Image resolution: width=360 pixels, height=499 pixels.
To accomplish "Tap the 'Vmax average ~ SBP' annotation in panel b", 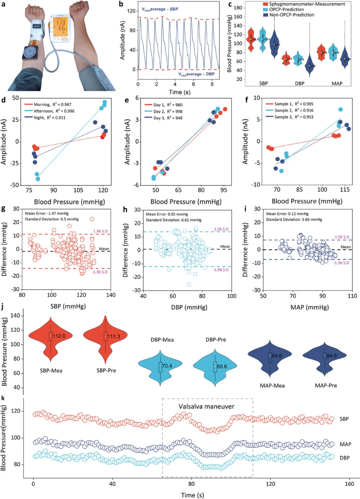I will pos(160,9).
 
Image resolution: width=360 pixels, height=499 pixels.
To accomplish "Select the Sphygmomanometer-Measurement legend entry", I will pos(307,4).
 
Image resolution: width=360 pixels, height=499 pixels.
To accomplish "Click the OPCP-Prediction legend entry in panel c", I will pos(286,9).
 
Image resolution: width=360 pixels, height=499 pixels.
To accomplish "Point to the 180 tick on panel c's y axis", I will pos(238,8).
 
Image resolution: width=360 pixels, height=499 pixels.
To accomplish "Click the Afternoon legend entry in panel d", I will pos(43,111).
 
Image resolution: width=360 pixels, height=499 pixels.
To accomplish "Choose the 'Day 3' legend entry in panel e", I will pos(159,118).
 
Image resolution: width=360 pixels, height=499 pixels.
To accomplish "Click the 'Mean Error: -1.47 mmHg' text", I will pos(47,213).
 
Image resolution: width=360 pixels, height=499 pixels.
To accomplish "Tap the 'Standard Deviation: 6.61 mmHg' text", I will pos(173,220).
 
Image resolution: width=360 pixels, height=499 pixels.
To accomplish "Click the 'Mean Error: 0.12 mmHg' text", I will pos(287,214).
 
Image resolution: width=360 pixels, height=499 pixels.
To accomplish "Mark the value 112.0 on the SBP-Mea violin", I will pos(59,336).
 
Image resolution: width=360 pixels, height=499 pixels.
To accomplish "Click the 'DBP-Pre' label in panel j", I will pos(216,340).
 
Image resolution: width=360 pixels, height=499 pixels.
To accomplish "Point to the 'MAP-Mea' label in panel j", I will pos(272,386).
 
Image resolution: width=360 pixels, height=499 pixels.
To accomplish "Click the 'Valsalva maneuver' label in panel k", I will pos(206,406).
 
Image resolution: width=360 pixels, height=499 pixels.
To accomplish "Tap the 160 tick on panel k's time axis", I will pos(349,484).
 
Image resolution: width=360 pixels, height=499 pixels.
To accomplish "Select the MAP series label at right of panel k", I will pos(345,444).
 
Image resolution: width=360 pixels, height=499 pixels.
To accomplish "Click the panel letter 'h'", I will pos(125,209).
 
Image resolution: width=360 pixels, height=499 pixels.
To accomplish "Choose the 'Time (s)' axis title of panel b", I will pos(179,92).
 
